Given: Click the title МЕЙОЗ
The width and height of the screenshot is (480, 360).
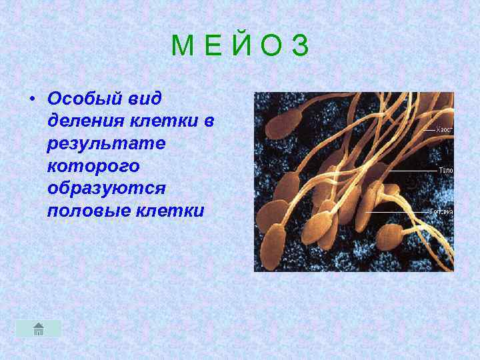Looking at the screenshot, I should point(240,46).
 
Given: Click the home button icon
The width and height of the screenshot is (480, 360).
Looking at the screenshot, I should point(39,328).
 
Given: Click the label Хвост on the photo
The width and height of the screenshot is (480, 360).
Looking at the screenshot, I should point(445,129).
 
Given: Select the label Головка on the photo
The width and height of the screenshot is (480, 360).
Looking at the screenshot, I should point(442,211).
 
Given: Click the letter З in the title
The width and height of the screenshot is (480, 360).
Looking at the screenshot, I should point(301,46).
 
